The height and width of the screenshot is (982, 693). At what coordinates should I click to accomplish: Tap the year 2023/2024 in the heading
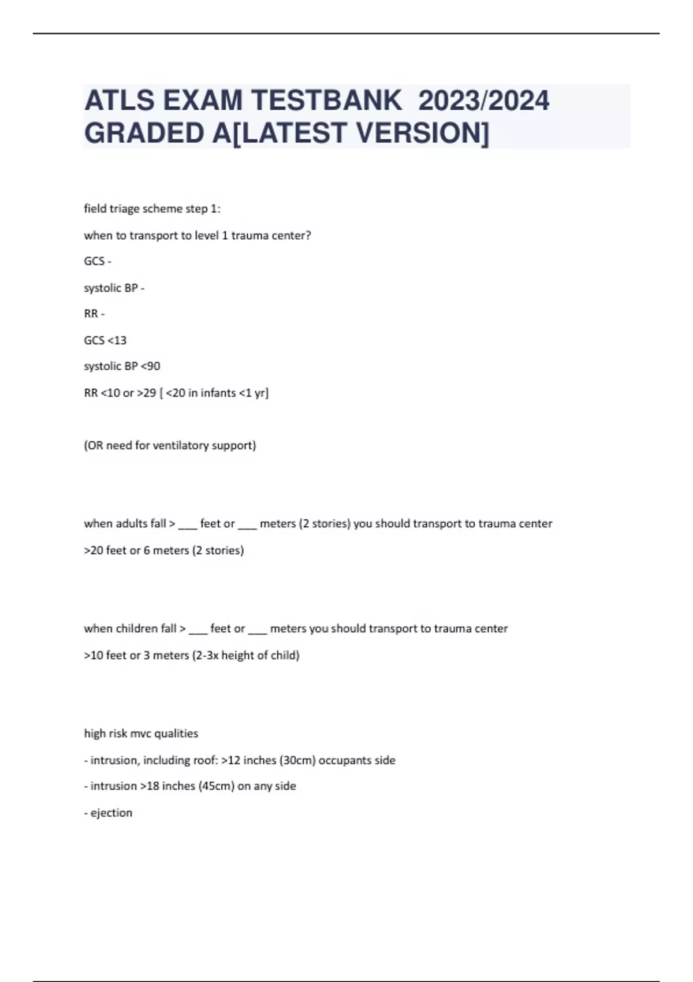483,101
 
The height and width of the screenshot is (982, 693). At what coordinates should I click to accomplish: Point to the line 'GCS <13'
105,340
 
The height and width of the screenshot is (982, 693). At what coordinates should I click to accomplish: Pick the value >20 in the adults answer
94,550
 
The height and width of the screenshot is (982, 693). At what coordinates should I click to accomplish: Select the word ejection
111,813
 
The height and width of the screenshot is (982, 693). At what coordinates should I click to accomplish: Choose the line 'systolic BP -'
114,288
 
